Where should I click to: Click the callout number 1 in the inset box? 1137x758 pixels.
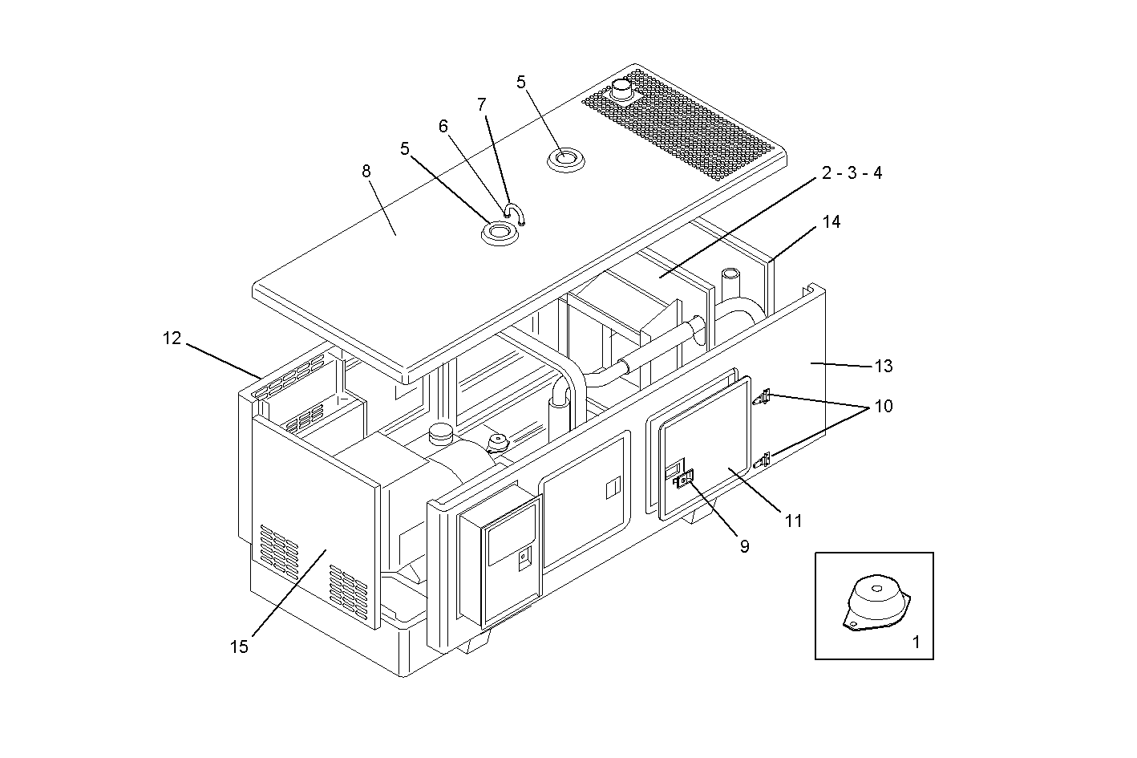pyautogui.click(x=916, y=642)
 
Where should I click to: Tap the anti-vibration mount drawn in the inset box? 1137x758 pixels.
pyautogui.click(x=876, y=604)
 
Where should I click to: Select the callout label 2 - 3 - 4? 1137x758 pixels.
pyautogui.click(x=851, y=173)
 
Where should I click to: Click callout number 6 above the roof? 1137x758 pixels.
pyautogui.click(x=443, y=127)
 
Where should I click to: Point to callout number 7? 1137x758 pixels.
pyautogui.click(x=481, y=104)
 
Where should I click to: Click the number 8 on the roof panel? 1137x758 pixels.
pyautogui.click(x=366, y=171)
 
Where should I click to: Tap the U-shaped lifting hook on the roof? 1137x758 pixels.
pyautogui.click(x=514, y=214)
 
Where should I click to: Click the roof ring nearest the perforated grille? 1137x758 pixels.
pyautogui.click(x=565, y=159)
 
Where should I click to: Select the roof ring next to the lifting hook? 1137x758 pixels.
pyautogui.click(x=499, y=233)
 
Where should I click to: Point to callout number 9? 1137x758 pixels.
pyautogui.click(x=744, y=546)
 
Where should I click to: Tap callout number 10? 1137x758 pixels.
pyautogui.click(x=883, y=406)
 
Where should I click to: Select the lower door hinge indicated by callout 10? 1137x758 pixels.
pyautogui.click(x=763, y=460)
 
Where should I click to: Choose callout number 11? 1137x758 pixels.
pyautogui.click(x=793, y=521)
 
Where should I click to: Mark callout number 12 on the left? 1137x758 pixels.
pyautogui.click(x=172, y=338)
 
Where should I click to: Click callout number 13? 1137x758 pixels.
pyautogui.click(x=883, y=366)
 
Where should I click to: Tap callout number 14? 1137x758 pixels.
pyautogui.click(x=832, y=221)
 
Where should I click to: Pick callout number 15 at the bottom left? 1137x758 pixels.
pyautogui.click(x=239, y=647)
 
